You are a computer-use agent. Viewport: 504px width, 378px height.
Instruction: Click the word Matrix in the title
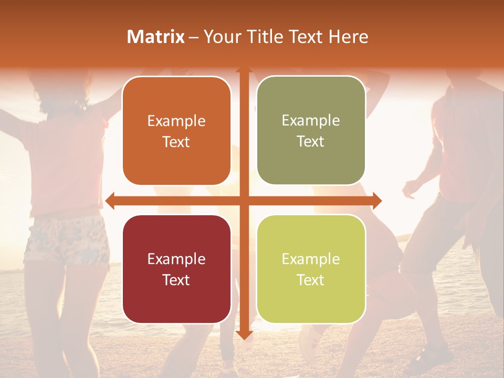(x=156, y=37)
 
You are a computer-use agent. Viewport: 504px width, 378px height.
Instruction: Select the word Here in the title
(x=348, y=37)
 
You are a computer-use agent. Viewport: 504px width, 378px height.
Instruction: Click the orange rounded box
(x=176, y=131)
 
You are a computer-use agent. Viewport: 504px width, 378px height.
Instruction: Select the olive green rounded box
(x=311, y=131)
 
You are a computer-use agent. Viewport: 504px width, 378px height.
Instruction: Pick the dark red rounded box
(x=176, y=269)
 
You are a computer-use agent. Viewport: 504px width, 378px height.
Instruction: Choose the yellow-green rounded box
(x=311, y=269)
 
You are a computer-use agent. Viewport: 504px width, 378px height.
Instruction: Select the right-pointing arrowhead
(x=376, y=201)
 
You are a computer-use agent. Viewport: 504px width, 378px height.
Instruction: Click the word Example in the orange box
(x=176, y=121)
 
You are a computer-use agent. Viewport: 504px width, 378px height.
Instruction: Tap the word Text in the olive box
(x=311, y=141)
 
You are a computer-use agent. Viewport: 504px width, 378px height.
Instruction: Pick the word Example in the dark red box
(x=176, y=259)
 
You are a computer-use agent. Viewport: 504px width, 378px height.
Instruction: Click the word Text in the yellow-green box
(x=311, y=280)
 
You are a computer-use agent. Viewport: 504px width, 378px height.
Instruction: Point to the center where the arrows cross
(x=244, y=201)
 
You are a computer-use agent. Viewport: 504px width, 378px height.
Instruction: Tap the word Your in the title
(x=221, y=37)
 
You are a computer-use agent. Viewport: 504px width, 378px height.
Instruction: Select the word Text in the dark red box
(x=176, y=280)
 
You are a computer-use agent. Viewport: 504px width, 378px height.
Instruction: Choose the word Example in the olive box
(x=311, y=121)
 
